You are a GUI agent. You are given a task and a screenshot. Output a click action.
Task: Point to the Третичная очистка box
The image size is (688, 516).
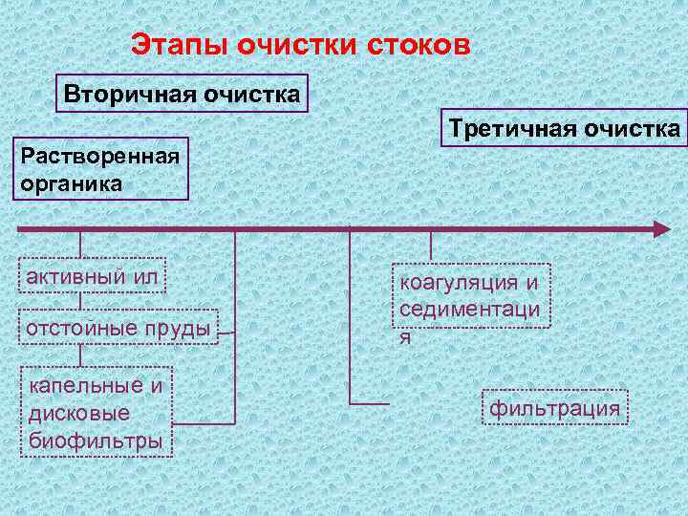(x=565, y=128)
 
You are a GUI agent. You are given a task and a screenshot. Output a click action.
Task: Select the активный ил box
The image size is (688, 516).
(x=92, y=276)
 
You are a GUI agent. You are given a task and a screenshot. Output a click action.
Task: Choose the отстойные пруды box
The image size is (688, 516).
(x=118, y=329)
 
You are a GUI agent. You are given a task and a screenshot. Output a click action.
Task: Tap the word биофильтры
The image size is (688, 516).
(x=96, y=441)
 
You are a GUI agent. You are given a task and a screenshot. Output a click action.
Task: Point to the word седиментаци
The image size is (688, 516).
(x=469, y=310)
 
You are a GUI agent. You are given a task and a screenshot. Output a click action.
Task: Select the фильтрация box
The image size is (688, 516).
(x=555, y=409)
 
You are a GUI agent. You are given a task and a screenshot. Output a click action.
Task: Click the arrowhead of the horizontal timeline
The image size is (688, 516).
(x=661, y=228)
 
